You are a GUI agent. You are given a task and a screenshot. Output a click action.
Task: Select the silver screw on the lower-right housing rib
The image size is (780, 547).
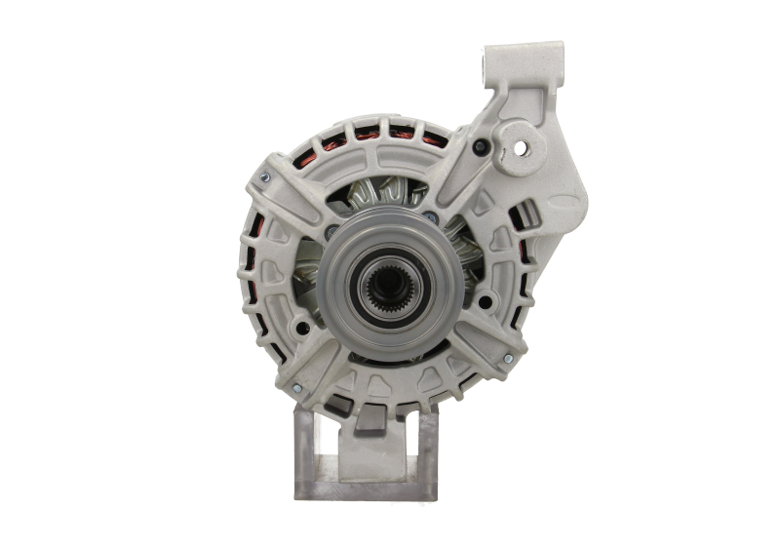508,362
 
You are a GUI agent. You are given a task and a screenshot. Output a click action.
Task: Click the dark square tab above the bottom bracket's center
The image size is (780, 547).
373,420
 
